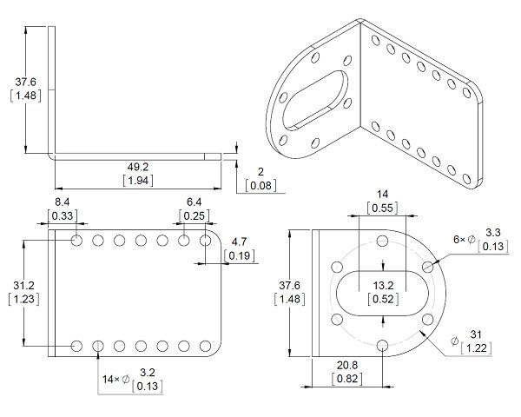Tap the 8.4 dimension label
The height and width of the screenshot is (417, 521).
coord(63,202)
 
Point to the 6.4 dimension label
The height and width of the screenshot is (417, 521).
coord(195,202)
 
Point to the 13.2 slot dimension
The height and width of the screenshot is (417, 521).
coord(384,286)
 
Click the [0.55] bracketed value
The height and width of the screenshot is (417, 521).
coord(383,208)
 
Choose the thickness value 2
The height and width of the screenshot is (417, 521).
coord(259,172)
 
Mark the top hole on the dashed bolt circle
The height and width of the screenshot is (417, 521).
coord(383,243)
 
